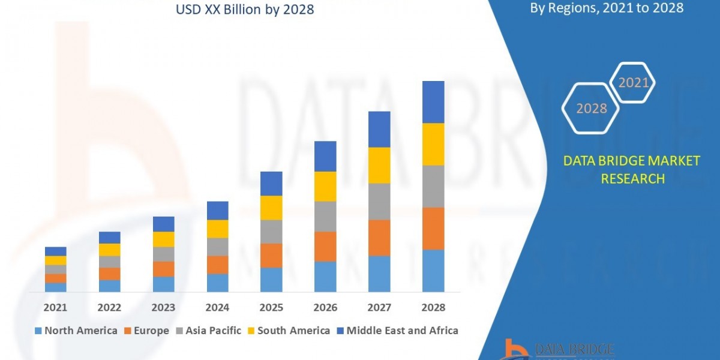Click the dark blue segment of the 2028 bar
click(433, 102)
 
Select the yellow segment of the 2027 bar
click(379, 165)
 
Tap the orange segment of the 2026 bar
click(325, 246)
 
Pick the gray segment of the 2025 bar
click(271, 231)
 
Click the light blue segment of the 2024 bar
click(217, 283)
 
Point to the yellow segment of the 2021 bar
click(55, 260)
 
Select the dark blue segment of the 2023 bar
click(163, 224)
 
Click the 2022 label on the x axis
click(109, 307)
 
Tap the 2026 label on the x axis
click(325, 307)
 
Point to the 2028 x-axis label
click(433, 307)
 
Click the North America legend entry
click(76, 331)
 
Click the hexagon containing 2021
click(633, 83)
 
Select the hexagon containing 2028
click(591, 109)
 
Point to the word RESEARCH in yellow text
click(632, 178)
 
